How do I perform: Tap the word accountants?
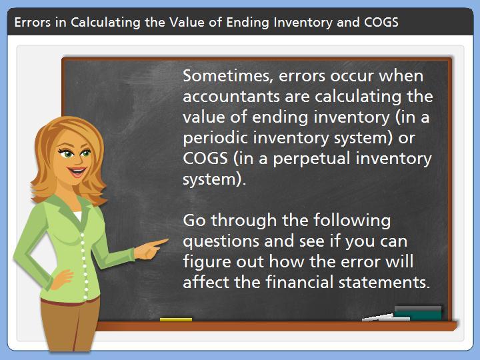tap(231, 97)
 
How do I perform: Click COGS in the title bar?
tap(381, 23)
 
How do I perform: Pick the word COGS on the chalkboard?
tap(205, 158)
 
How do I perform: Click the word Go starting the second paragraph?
tap(194, 221)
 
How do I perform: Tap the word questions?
tap(221, 242)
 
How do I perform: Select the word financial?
tap(299, 282)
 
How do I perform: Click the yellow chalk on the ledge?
tap(176, 319)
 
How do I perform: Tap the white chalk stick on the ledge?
tap(386, 318)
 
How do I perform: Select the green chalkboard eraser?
tap(418, 313)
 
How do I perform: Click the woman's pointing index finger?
tap(159, 243)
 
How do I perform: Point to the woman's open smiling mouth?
tap(77, 171)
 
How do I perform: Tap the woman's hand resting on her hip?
tap(62, 279)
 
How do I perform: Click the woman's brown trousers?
tap(70, 325)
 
